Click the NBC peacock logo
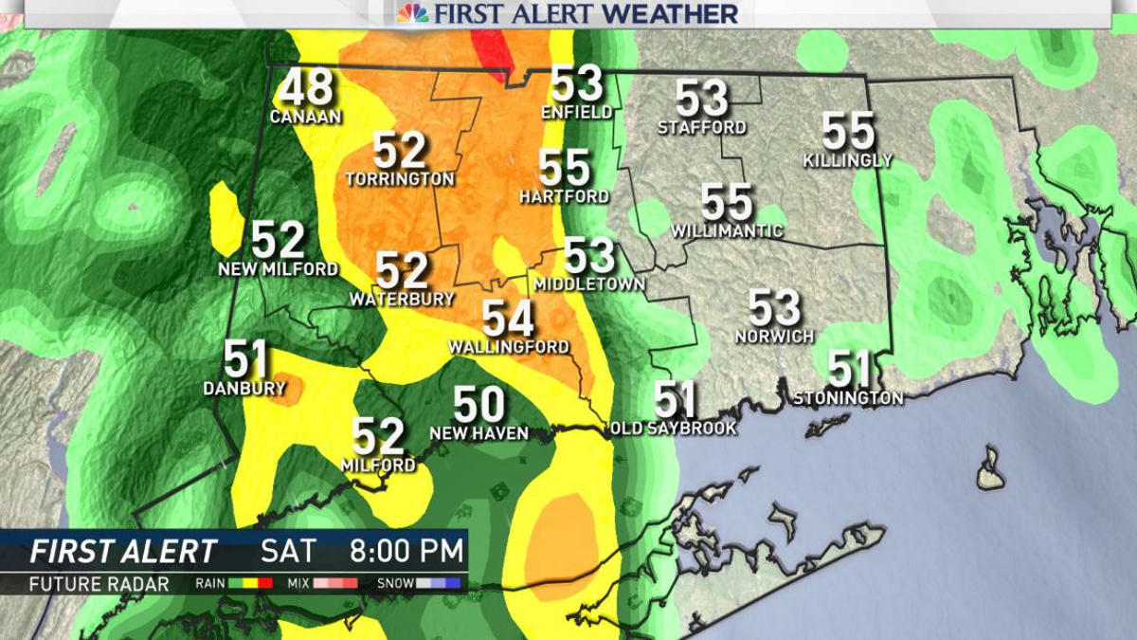tap(412, 13)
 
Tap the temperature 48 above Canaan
tap(306, 88)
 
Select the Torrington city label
tap(400, 179)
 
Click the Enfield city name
tap(576, 113)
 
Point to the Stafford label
tap(702, 127)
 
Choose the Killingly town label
tap(848, 160)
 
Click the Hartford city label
tap(564, 197)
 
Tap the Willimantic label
tap(727, 231)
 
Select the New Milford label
tap(278, 269)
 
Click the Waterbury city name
tap(402, 300)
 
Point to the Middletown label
tap(589, 284)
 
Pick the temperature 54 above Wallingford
tap(508, 320)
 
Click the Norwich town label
tap(774, 337)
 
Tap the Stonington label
tap(848, 398)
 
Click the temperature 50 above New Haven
tap(478, 406)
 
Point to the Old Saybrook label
tap(674, 429)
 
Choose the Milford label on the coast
tap(378, 466)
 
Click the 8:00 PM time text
tap(407, 551)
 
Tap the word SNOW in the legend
tap(395, 584)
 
